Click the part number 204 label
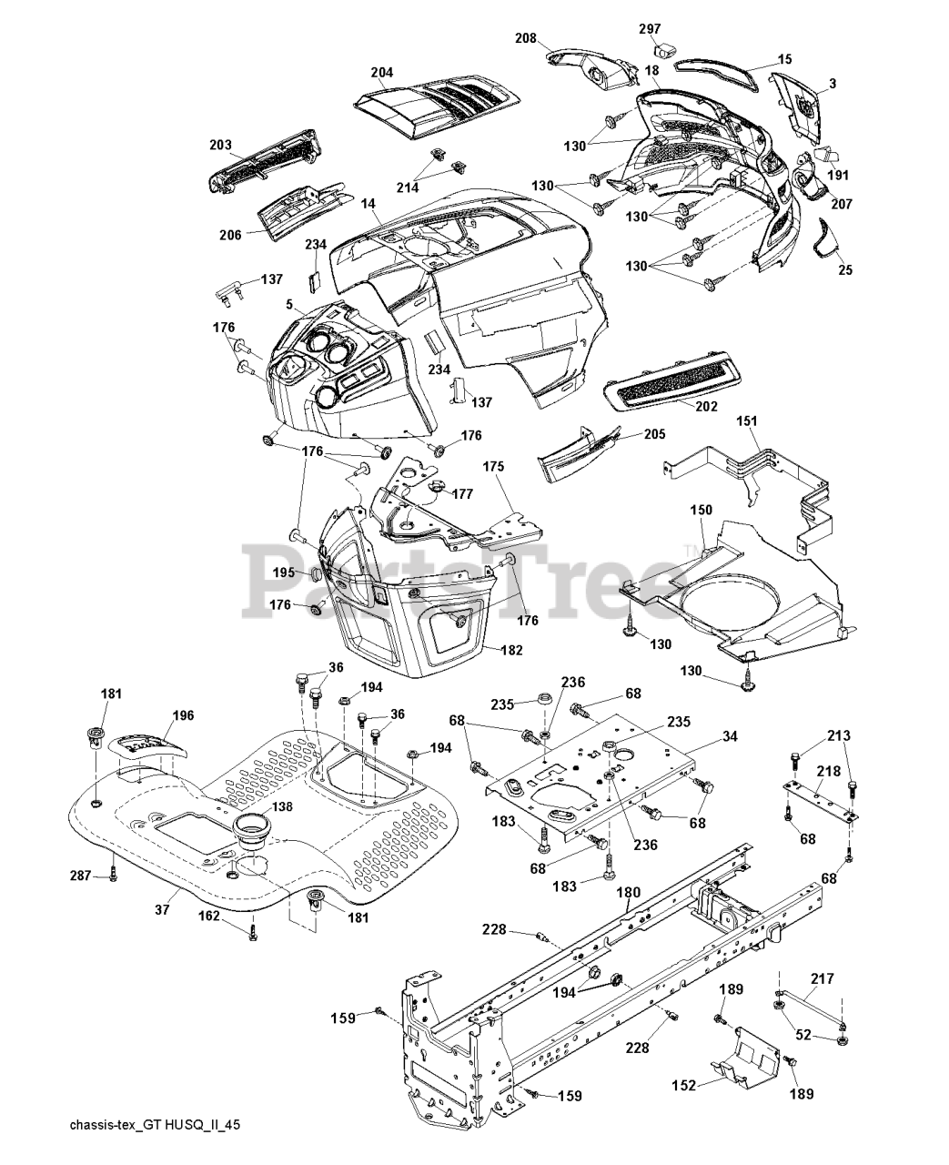(382, 72)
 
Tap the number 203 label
(219, 145)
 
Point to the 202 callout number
(705, 406)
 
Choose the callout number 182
(513, 650)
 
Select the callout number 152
(684, 1085)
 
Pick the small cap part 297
(667, 47)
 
